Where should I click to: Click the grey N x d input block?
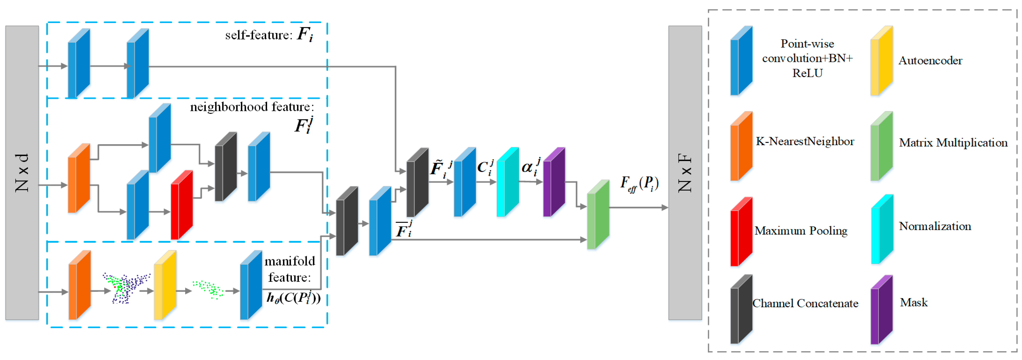(x=22, y=173)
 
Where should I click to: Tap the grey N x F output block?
(x=685, y=173)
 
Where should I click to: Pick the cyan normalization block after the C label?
(x=508, y=182)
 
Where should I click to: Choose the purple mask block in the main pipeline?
(x=554, y=182)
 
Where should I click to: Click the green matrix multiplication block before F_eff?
(x=598, y=215)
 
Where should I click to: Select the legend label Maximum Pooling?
(x=801, y=231)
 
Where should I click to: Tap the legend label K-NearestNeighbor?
(x=805, y=141)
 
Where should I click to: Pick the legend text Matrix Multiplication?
(x=953, y=143)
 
